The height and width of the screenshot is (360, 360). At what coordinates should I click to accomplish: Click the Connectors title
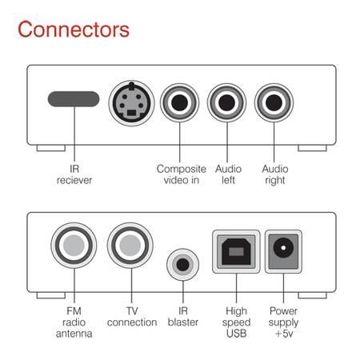click(x=74, y=29)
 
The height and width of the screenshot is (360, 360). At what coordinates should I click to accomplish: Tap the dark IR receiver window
click(x=74, y=99)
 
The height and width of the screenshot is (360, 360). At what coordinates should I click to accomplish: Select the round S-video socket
click(x=131, y=103)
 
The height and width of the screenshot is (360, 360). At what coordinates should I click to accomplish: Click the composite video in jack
click(x=179, y=102)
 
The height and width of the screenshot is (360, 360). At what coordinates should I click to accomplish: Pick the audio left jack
click(x=226, y=102)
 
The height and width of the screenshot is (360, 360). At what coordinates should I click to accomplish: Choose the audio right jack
click(x=274, y=102)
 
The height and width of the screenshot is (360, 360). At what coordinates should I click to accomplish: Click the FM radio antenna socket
click(x=74, y=246)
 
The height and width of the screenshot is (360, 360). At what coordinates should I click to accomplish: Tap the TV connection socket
click(x=130, y=246)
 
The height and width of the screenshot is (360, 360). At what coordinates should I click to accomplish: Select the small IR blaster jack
click(x=182, y=265)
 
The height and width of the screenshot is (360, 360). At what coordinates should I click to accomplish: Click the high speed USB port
click(x=236, y=251)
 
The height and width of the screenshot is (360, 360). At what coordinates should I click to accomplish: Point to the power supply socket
click(x=283, y=251)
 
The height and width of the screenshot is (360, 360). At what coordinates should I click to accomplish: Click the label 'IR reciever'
click(x=74, y=174)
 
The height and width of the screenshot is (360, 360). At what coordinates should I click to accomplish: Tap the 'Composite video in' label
click(x=182, y=174)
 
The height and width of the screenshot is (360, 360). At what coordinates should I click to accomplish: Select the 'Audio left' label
click(x=228, y=174)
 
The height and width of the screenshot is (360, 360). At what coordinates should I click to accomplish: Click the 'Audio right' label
click(x=275, y=174)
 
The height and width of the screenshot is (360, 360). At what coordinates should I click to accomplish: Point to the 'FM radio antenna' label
click(x=74, y=322)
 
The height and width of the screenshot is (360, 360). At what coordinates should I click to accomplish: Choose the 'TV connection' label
click(x=132, y=317)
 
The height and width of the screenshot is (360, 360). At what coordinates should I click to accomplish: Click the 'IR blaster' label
click(x=183, y=317)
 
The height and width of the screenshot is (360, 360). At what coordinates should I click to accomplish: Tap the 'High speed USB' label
click(x=236, y=322)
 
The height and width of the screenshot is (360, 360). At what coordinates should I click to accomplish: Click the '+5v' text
click(x=284, y=334)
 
